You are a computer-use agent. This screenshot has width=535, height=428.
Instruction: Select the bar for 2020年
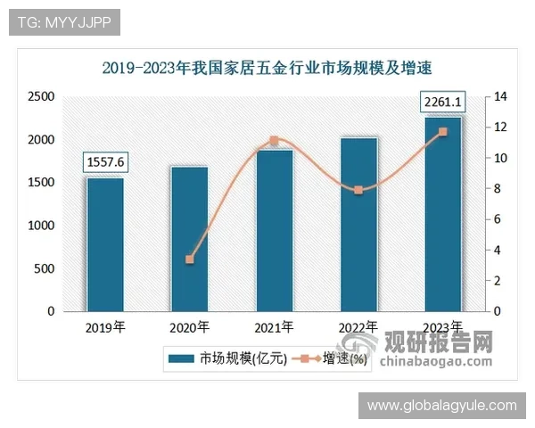pyautogui.click(x=189, y=239)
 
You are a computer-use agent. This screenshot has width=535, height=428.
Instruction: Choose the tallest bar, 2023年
pyautogui.click(x=443, y=214)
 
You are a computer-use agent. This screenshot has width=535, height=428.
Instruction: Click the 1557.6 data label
pyautogui.click(x=105, y=161)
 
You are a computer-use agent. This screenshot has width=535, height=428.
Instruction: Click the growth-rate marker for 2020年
pyautogui.click(x=189, y=259)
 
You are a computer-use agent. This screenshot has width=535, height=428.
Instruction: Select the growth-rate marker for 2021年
pyautogui.click(x=274, y=141)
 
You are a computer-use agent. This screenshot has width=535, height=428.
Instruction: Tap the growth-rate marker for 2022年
pyautogui.click(x=358, y=190)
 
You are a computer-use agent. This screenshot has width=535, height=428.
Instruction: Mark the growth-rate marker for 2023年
pyautogui.click(x=443, y=132)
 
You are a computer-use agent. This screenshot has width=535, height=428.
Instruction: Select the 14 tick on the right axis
pyautogui.click(x=502, y=96)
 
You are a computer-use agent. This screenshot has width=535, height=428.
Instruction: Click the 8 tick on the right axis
pyautogui.click(x=499, y=188)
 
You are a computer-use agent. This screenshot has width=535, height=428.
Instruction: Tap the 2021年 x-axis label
pyautogui.click(x=274, y=327)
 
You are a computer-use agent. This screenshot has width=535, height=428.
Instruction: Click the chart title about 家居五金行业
pyautogui.click(x=272, y=67)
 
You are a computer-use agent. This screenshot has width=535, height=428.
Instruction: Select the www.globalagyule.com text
pyautogui.click(x=441, y=406)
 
